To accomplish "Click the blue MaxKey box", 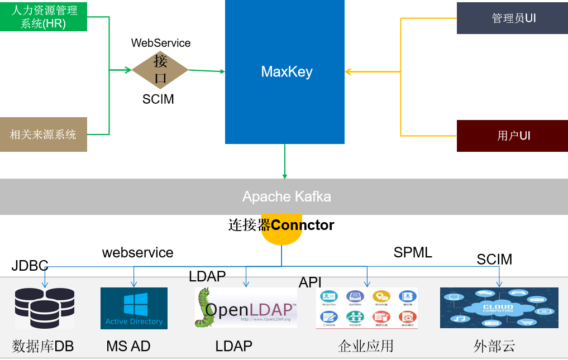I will pyautogui.click(x=285, y=71).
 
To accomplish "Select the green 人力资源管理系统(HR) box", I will pyautogui.click(x=44, y=16).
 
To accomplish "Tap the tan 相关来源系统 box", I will pyautogui.click(x=44, y=135).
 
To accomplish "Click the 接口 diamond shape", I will pyautogui.click(x=160, y=70).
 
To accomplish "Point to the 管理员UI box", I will pyautogui.click(x=512, y=18).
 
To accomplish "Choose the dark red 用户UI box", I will pyautogui.click(x=512, y=136).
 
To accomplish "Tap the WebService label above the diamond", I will pyautogui.click(x=161, y=43).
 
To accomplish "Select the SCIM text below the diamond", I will pyautogui.click(x=158, y=99).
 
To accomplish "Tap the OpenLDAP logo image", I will pyautogui.click(x=246, y=308).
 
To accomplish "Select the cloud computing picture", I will pyautogui.click(x=499, y=308).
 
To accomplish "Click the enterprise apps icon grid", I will pyautogui.click(x=366, y=308).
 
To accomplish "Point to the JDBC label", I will pyautogui.click(x=30, y=266).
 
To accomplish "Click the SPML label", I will pyautogui.click(x=413, y=252).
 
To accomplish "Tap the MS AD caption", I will pyautogui.click(x=128, y=346).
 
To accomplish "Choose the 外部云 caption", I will pyautogui.click(x=494, y=346).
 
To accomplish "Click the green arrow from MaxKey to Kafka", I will pyautogui.click(x=285, y=161).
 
